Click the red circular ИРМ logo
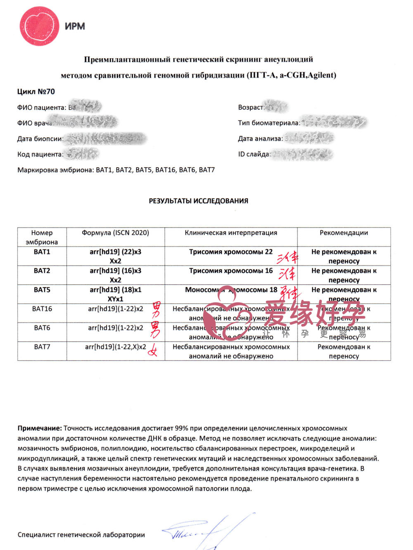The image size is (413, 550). tap(38, 26)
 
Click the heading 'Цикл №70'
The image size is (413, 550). tap(36, 92)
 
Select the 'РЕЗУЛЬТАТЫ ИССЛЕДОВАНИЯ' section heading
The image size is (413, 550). tap(198, 201)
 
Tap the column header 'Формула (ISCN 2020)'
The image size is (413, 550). tap(115, 233)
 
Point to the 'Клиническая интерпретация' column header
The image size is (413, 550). tap(231, 233)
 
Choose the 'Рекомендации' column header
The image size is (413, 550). tap(344, 233)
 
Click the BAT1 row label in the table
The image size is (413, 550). tap(42, 252)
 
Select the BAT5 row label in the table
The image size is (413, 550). tap(42, 290)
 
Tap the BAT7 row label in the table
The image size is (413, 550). tap(42, 347)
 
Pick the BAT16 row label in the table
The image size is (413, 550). tap(42, 309)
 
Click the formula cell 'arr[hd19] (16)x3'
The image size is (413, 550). tap(115, 271)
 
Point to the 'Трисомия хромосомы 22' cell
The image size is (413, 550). tap(231, 252)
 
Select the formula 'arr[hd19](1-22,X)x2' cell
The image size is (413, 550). tap(115, 347)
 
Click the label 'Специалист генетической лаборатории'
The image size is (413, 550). tap(81, 535)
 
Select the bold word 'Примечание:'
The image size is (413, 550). tap(40, 428)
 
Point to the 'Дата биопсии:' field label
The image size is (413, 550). tap(40, 139)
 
